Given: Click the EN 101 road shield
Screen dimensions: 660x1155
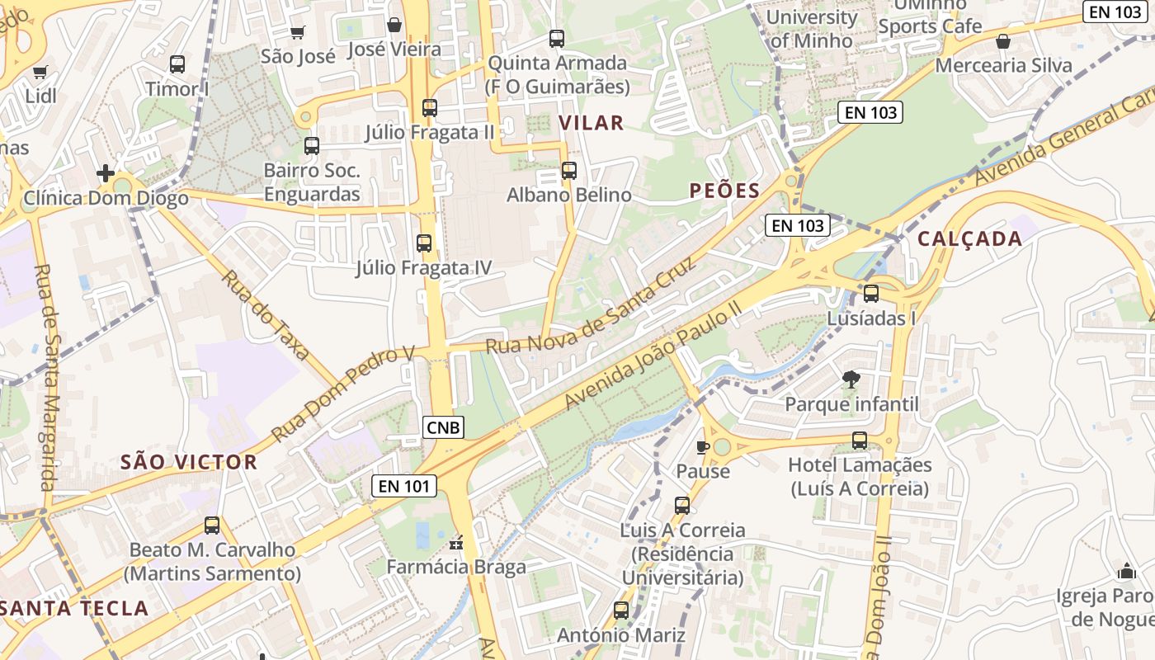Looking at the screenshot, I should click(x=404, y=486).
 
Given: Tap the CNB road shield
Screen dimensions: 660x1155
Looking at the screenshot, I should click(x=444, y=427).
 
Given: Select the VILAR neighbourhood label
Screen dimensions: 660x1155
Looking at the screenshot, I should click(x=592, y=123).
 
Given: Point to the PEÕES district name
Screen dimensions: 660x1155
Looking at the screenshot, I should click(x=724, y=191).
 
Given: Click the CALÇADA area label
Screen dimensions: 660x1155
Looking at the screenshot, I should click(x=969, y=239).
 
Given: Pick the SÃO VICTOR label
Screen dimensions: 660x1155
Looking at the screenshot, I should click(x=189, y=462).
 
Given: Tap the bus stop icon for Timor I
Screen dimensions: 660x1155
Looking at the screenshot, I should click(x=177, y=64).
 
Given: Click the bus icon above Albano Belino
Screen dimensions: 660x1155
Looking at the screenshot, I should click(x=569, y=171).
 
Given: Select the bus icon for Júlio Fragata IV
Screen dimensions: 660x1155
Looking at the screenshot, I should click(x=424, y=243).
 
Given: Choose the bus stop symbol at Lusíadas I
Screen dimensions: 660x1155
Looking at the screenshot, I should click(x=871, y=294).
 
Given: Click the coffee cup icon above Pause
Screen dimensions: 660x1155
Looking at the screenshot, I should click(x=702, y=447).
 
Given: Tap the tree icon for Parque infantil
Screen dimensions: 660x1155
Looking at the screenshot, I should click(x=851, y=379).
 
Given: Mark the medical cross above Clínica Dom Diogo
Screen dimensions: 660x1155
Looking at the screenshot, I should click(x=106, y=173).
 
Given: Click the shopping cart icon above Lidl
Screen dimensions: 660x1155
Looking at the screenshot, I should click(x=40, y=73).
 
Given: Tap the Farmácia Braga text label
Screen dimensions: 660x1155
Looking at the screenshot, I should click(x=456, y=568).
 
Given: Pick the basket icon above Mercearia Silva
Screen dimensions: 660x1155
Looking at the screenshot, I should click(x=1003, y=41).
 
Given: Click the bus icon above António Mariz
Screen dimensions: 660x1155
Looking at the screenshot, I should click(x=621, y=610).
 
